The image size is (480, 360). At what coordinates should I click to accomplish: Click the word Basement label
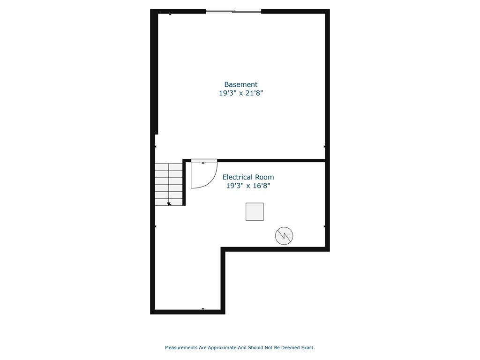coord(240,84)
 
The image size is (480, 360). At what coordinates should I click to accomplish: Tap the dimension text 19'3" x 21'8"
coord(240,93)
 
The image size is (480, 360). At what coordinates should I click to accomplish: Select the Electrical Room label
coord(248,177)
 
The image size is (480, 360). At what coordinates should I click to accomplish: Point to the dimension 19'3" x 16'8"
coord(248,186)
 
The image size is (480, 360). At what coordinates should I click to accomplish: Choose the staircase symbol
coord(169,184)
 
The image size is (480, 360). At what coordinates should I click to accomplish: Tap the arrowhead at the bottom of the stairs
coord(169,204)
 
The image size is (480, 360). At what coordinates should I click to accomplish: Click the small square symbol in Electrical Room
coord(255,211)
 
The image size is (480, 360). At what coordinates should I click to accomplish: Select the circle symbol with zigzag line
coord(284,236)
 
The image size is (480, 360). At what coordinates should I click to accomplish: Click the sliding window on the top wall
coord(233,11)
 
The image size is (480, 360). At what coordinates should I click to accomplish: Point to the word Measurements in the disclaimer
coord(181,348)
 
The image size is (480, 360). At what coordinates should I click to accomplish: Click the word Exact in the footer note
coord(307,348)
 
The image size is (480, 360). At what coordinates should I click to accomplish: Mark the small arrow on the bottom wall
coord(203,309)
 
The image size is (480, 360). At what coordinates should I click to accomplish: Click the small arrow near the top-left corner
coord(170,15)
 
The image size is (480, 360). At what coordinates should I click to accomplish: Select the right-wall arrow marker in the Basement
coord(324,147)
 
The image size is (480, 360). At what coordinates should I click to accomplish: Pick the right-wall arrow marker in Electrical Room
coord(324,226)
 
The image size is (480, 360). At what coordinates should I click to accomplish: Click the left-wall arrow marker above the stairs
coord(156,147)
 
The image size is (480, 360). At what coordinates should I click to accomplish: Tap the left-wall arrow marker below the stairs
coord(156,226)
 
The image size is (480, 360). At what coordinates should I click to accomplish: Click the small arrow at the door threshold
coord(203,163)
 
